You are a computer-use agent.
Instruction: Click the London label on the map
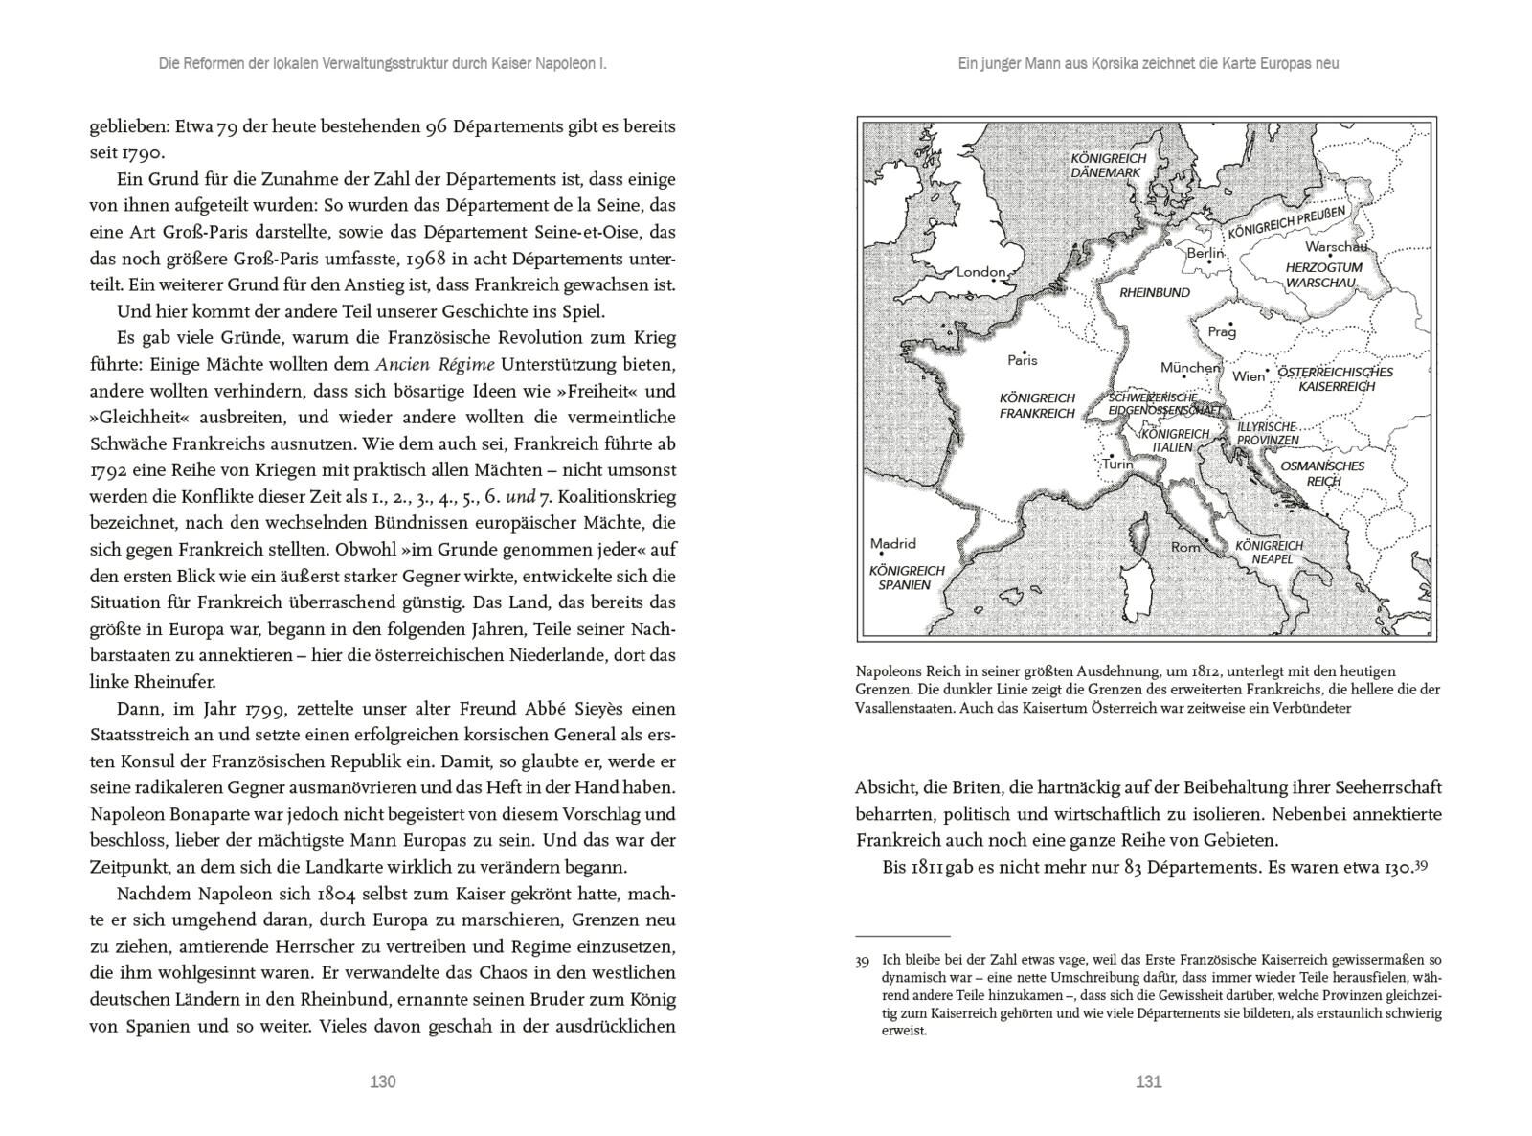pos(981,272)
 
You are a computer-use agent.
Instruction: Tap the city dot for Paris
pos(1024,352)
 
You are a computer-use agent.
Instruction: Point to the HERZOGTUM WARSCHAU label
pos(1322,275)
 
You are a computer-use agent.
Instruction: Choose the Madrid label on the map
pos(892,543)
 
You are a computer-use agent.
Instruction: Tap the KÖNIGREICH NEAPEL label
pos(1269,552)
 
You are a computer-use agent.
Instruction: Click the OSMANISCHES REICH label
pos(1323,473)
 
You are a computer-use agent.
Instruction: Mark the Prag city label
pos(1222,332)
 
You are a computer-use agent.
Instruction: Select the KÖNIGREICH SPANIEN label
pos(906,578)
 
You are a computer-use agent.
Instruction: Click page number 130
pos(382,1081)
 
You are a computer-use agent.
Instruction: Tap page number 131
pos(1148,1081)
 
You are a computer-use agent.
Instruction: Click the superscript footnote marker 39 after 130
pos(1421,864)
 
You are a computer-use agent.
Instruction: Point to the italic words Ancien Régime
pos(435,364)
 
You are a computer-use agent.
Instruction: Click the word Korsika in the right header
pos(1083,64)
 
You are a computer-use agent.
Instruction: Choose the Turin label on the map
pos(1117,465)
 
